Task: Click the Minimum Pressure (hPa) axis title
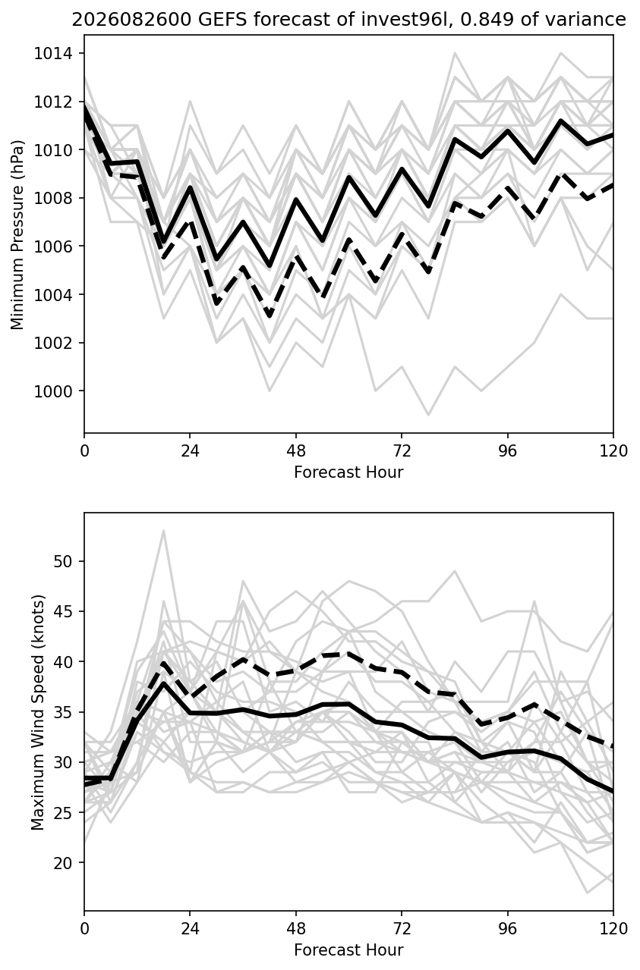[x=17, y=234]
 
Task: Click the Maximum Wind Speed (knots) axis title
[x=38, y=712]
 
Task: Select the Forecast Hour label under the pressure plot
[x=348, y=472]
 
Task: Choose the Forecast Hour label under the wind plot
[x=348, y=950]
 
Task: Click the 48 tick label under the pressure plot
[x=296, y=451]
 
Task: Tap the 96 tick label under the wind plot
[x=507, y=929]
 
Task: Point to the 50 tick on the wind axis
[x=63, y=562]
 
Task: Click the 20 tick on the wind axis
[x=63, y=863]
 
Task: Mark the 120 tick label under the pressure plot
[x=613, y=451]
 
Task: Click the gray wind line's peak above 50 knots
[x=163, y=531]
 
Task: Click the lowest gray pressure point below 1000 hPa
[x=428, y=415]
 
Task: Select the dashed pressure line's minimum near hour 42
[x=270, y=316]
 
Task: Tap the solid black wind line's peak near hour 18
[x=163, y=683]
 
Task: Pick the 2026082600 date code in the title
[x=131, y=20]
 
